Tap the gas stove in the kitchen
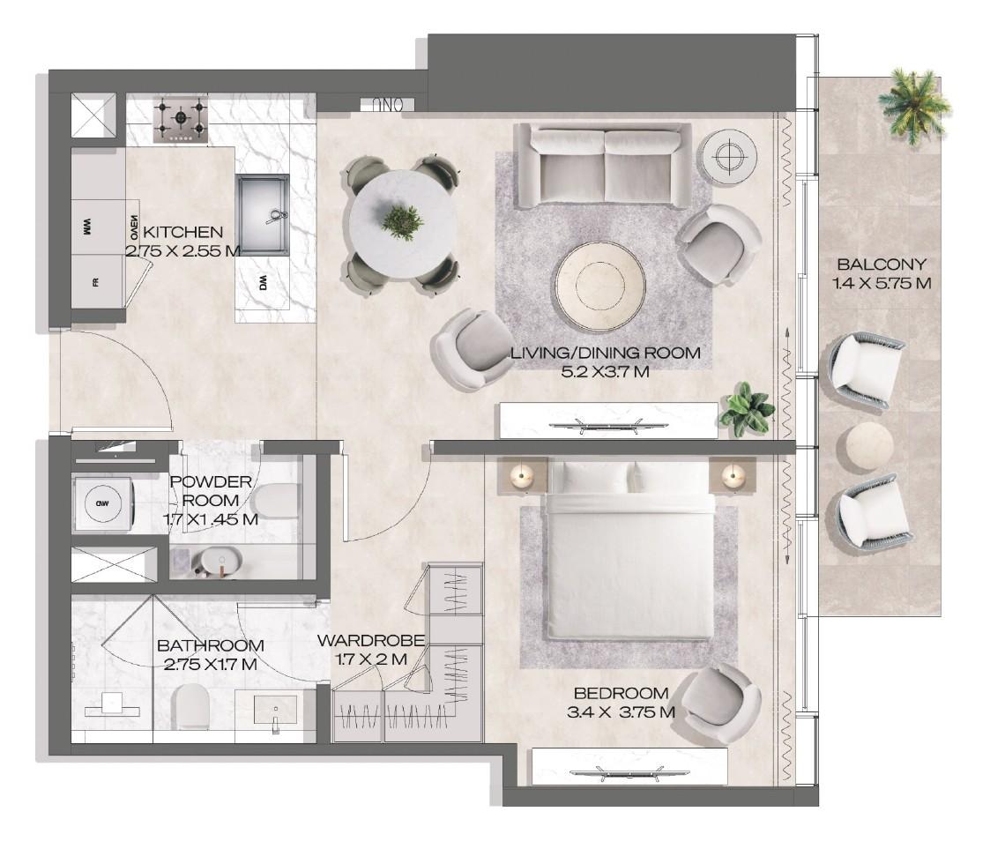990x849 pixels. coord(181,121)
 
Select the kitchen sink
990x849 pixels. coord(263,214)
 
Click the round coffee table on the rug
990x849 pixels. coord(593,281)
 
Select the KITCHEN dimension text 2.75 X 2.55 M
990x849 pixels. coord(182,250)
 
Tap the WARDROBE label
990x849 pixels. coord(371,640)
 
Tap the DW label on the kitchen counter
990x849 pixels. coord(263,283)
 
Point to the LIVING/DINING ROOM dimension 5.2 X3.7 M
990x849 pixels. coord(605,371)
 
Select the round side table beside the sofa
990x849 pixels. coord(726,157)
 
